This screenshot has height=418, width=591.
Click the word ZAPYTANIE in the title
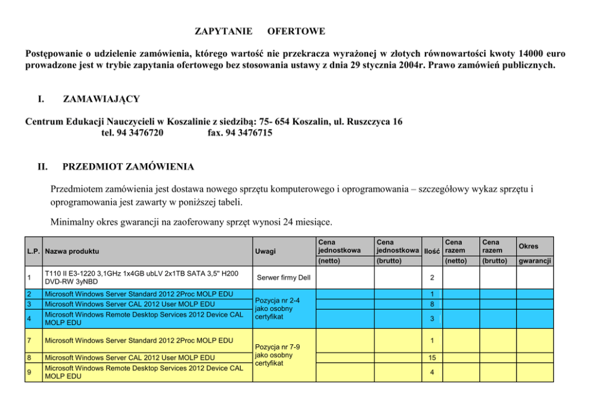pyautogui.click(x=223, y=30)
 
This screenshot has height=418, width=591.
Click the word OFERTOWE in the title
pyautogui.click(x=296, y=30)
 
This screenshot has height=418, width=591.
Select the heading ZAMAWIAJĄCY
pyautogui.click(x=101, y=98)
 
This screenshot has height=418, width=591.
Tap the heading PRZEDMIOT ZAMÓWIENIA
pyautogui.click(x=128, y=166)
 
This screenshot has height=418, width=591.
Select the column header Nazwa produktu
pyautogui.click(x=72, y=251)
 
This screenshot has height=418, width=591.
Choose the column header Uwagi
pyautogui.click(x=265, y=251)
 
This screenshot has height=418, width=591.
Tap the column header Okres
pyautogui.click(x=528, y=245)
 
